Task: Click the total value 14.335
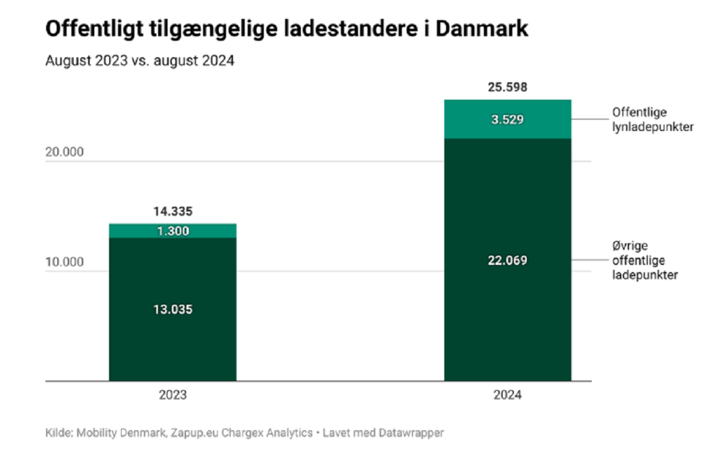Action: click(173, 211)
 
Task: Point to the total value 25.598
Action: click(507, 87)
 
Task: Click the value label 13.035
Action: click(173, 309)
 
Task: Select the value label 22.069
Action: click(507, 260)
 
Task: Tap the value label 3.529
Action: click(507, 120)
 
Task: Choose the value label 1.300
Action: click(173, 231)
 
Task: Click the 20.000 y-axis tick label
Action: click(64, 152)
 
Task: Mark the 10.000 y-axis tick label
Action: click(64, 262)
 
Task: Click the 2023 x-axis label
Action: click(173, 395)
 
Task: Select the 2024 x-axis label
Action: click(507, 395)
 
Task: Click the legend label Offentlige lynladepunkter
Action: click(651, 120)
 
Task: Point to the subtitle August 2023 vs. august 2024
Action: click(140, 60)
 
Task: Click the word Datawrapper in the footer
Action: click(413, 433)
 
